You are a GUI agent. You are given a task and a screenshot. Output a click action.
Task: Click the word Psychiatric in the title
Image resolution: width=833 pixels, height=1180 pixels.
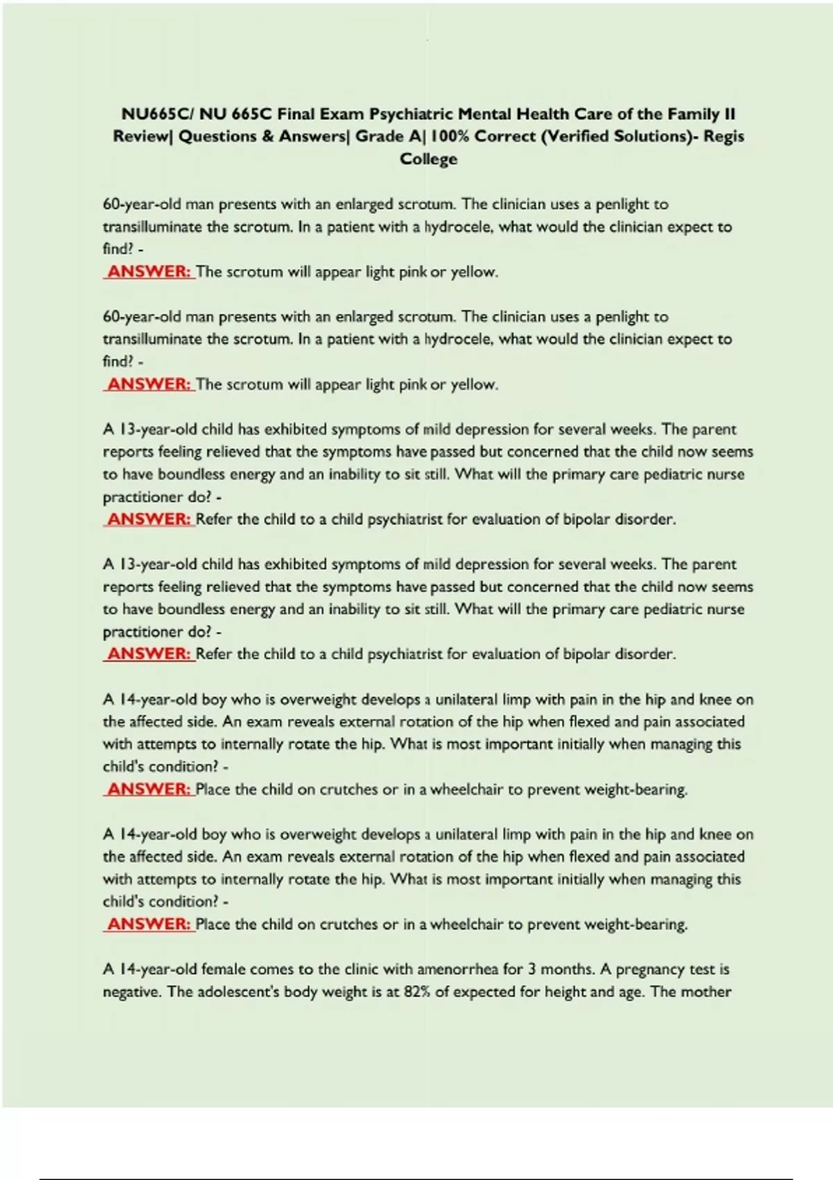[411, 114]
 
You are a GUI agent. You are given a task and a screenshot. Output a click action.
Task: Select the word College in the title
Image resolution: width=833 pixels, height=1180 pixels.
[428, 159]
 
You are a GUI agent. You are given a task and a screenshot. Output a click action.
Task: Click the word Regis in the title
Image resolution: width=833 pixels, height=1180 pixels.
[723, 136]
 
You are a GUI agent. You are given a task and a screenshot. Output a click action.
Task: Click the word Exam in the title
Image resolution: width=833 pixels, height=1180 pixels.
[342, 114]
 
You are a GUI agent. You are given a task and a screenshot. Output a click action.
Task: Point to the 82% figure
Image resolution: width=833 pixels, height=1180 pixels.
[417, 992]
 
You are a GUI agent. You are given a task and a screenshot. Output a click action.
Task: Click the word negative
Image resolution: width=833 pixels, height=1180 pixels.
[133, 992]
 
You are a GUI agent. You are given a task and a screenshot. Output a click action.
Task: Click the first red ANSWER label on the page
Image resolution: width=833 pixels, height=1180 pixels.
[149, 271]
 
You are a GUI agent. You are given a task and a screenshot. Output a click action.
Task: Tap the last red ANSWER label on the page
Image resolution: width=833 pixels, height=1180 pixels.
[149, 924]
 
